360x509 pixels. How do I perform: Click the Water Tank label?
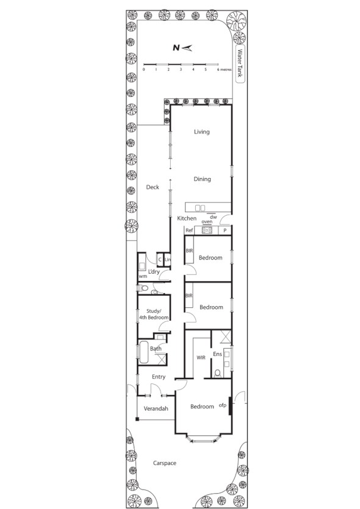click(x=240, y=62)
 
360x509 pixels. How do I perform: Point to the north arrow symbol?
click(x=182, y=47)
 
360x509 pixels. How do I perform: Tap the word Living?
click(x=201, y=132)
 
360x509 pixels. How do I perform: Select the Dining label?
click(x=202, y=179)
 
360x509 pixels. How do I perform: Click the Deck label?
click(x=152, y=187)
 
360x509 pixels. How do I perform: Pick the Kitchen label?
click(x=187, y=218)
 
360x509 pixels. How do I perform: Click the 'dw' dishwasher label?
click(x=213, y=216)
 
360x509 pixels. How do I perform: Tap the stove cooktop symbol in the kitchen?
click(x=207, y=230)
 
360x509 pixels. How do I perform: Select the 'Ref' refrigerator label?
click(x=189, y=230)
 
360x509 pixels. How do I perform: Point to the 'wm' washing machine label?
click(x=143, y=276)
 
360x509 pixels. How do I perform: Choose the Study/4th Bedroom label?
click(x=153, y=314)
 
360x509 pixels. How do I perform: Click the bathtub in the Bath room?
click(x=144, y=352)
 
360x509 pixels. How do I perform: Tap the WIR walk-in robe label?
click(x=200, y=358)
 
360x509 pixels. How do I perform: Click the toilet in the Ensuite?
click(x=217, y=373)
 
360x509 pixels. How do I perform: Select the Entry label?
click(x=158, y=377)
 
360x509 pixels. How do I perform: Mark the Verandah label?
click(x=156, y=408)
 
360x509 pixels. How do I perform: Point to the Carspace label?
click(x=164, y=463)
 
